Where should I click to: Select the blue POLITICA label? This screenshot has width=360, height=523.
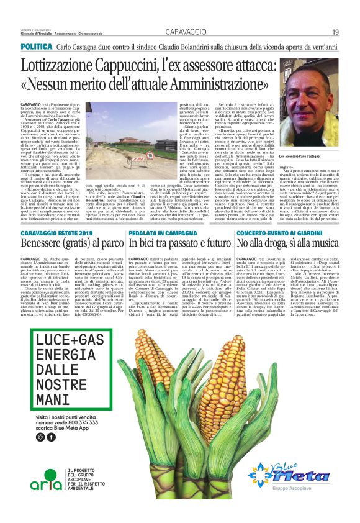(x=35, y=47)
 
